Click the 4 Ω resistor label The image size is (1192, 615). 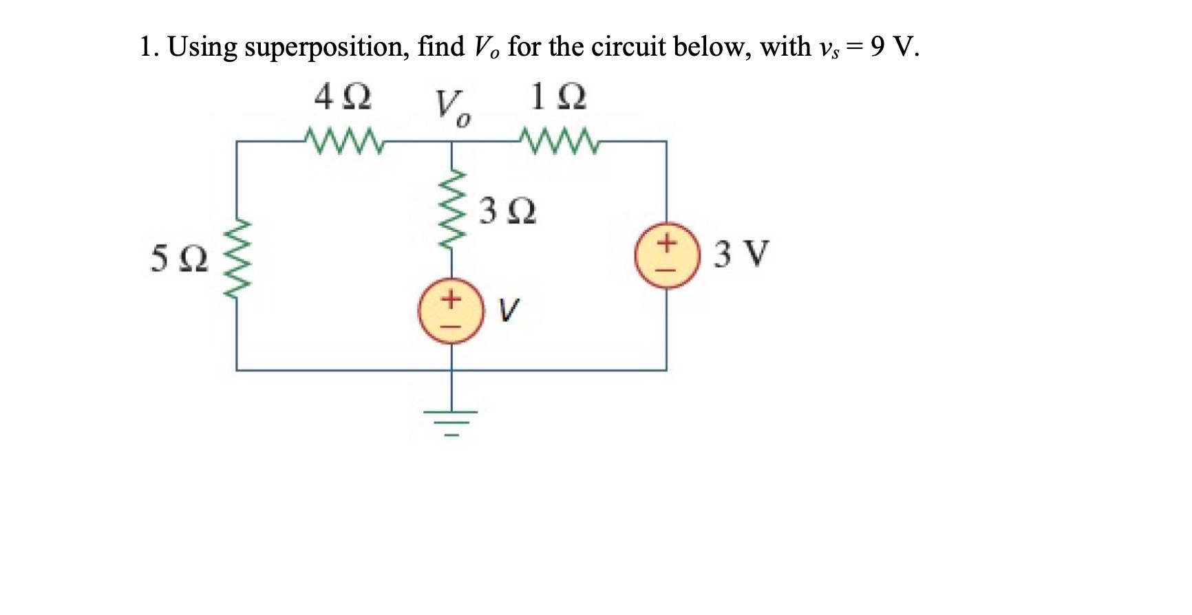pyautogui.click(x=343, y=98)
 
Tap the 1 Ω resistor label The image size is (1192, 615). pyautogui.click(x=558, y=98)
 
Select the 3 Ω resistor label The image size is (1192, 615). pyautogui.click(x=508, y=211)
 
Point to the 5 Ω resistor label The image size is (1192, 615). pyautogui.click(x=179, y=259)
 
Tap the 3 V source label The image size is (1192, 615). pyautogui.click(x=741, y=254)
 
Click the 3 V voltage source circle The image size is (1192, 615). pyautogui.click(x=666, y=255)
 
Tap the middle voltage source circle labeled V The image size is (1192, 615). pyautogui.click(x=451, y=312)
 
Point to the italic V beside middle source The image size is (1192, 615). pyautogui.click(x=510, y=310)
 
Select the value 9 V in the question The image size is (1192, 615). pyautogui.click(x=893, y=47)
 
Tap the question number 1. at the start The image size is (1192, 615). pyautogui.click(x=149, y=47)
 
